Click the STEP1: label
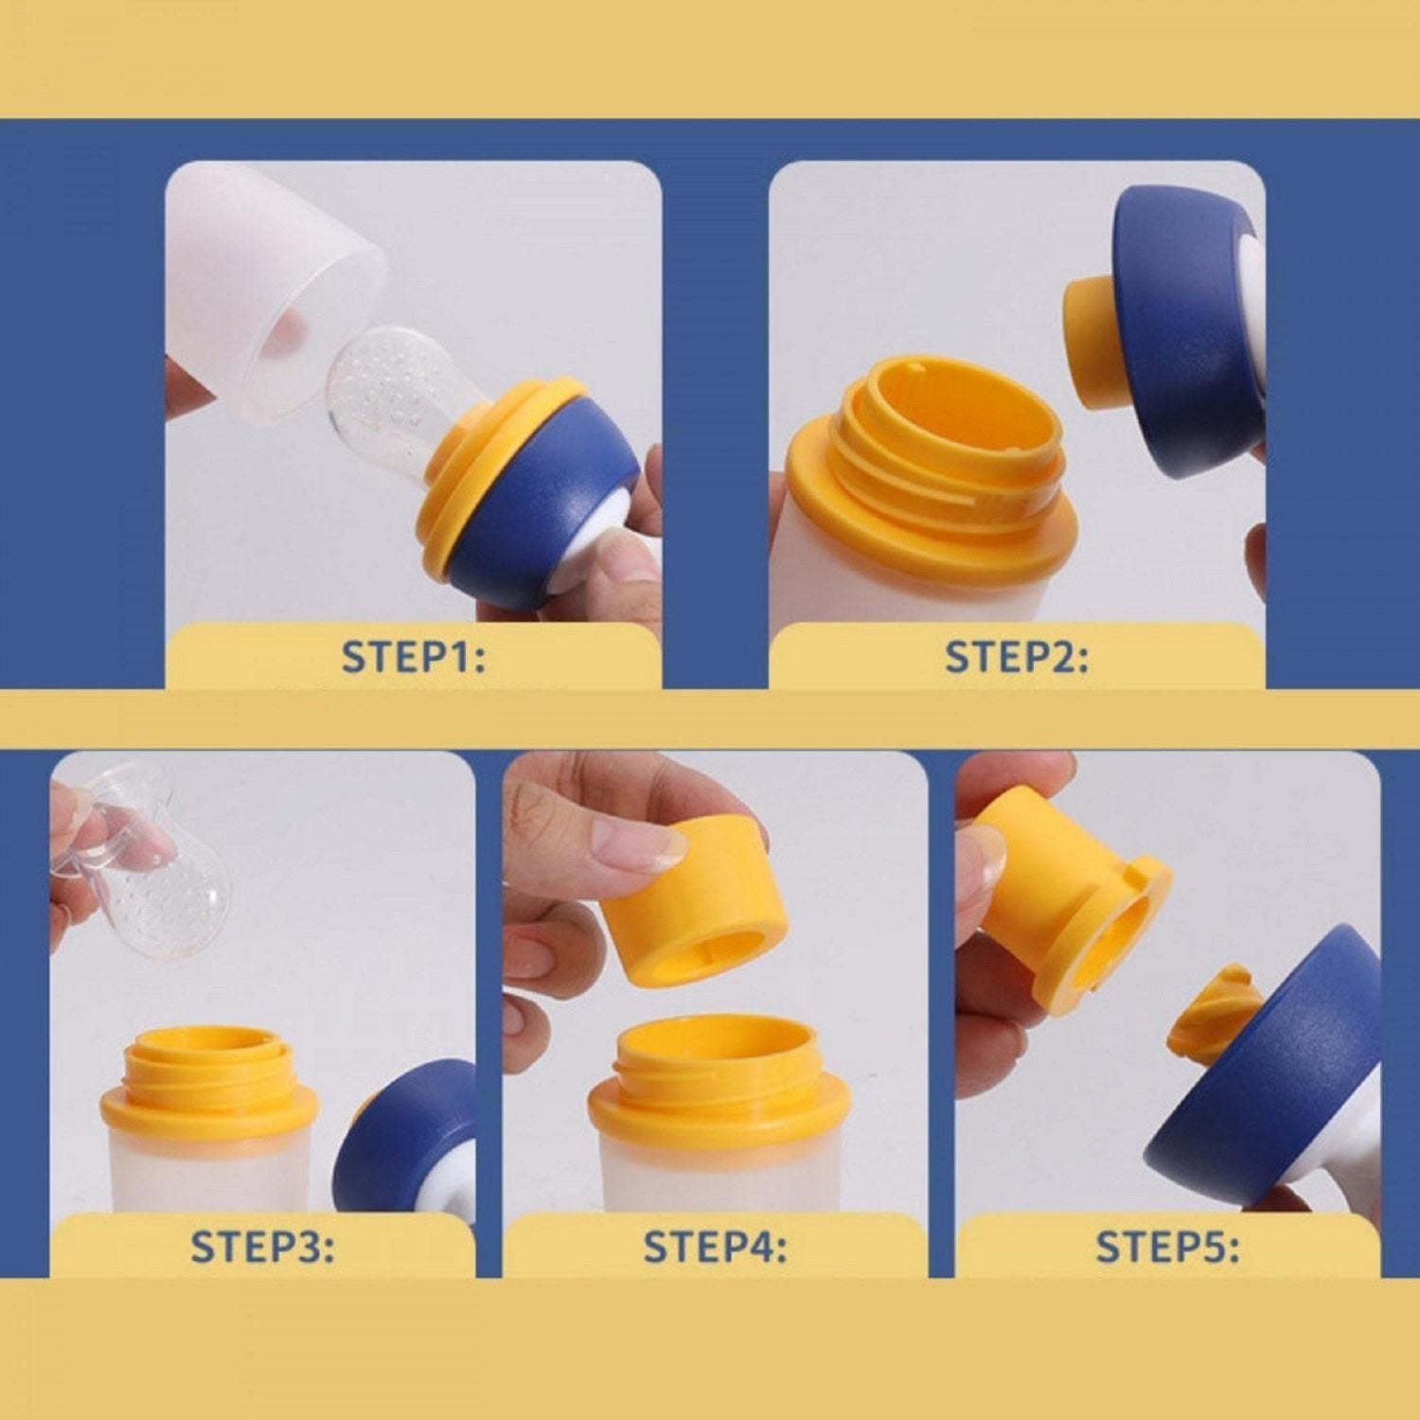pyautogui.click(x=413, y=656)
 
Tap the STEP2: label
pyautogui.click(x=1017, y=656)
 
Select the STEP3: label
pyautogui.click(x=262, y=1246)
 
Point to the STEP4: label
pyautogui.click(x=715, y=1246)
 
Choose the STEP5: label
pyautogui.click(x=1167, y=1246)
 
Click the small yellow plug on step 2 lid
pyautogui.click(x=1092, y=341)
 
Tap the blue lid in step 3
pyautogui.click(x=407, y=1136)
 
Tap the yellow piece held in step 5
pyautogui.click(x=1070, y=904)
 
